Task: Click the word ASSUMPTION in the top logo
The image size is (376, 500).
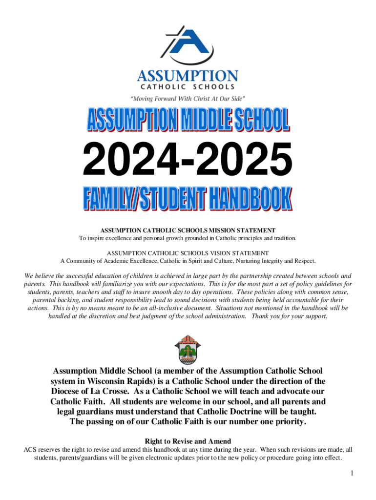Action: coord(188,76)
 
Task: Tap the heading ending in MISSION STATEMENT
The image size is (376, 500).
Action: coord(188,230)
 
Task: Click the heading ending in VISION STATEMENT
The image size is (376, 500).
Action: coord(188,253)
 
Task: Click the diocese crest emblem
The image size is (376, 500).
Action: coord(188,348)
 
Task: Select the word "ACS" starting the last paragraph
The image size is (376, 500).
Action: coord(31,450)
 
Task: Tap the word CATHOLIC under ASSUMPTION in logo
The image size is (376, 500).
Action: coord(161,87)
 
